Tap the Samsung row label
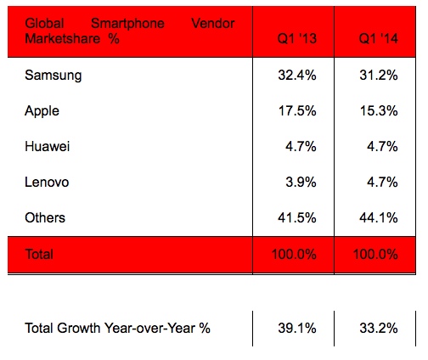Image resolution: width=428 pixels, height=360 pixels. [53, 75]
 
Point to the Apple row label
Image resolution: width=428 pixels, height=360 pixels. [42, 110]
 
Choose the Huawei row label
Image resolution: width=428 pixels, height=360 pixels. [48, 146]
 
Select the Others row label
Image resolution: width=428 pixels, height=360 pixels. [46, 217]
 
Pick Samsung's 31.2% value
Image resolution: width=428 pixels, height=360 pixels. [379, 75]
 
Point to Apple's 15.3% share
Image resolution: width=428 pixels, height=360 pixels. [379, 110]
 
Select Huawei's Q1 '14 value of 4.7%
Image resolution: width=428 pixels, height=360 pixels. [382, 146]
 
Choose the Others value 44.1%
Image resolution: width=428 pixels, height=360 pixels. [379, 217]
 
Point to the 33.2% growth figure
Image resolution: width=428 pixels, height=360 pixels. [379, 328]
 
